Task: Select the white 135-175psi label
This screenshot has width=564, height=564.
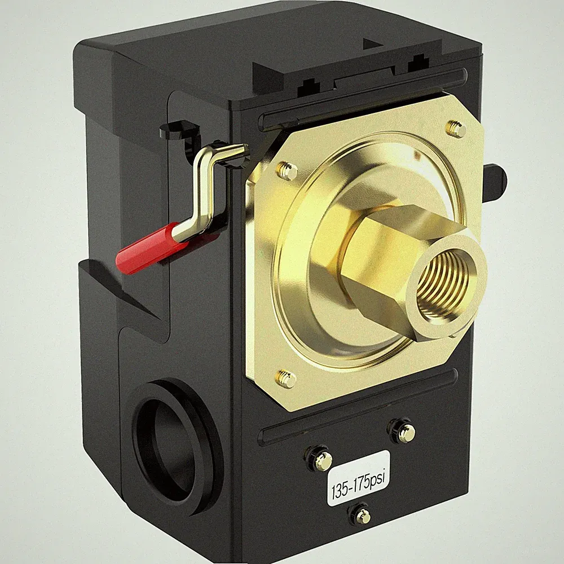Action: click(358, 478)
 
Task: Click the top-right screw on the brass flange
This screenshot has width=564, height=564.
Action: click(457, 128)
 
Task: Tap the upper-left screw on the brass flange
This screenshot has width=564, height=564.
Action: click(288, 170)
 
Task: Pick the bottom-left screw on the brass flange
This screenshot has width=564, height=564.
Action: click(285, 378)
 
